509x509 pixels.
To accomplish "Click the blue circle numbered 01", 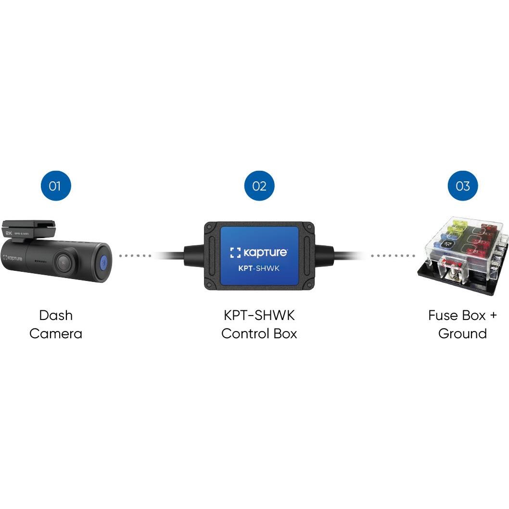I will tap(55, 186).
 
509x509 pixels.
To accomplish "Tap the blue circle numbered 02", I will tap(259, 186).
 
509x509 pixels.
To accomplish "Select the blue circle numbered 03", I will tap(462, 186).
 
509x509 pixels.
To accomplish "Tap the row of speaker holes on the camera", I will tap(40, 262).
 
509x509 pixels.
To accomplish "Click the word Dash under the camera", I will tap(56, 316).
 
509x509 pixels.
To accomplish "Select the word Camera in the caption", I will tap(56, 334).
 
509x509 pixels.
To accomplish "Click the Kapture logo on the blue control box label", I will tap(259, 253).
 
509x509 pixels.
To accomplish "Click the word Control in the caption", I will tap(244, 334).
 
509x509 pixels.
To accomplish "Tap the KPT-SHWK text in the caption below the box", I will tap(259, 316).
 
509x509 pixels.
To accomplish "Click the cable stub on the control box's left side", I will tap(192, 255).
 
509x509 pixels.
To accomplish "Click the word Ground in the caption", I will tap(462, 334).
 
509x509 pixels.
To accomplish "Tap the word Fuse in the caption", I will tap(443, 316).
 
